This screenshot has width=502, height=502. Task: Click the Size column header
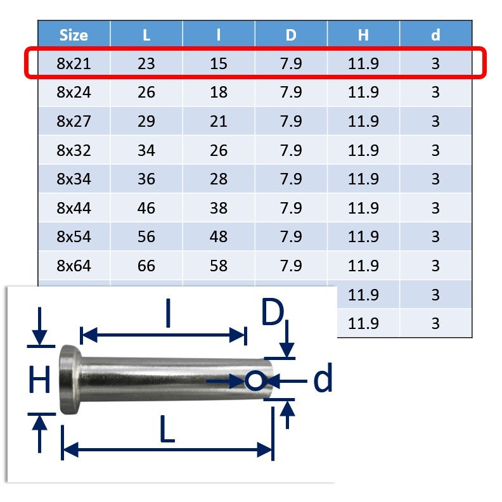(x=74, y=35)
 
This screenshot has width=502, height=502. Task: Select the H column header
(x=363, y=35)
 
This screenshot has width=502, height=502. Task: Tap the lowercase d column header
(x=435, y=35)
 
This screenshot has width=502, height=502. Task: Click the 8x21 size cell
(x=74, y=63)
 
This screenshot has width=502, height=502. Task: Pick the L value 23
(x=146, y=63)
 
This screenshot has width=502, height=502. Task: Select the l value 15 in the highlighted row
(x=219, y=63)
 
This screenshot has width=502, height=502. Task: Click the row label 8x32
(x=74, y=150)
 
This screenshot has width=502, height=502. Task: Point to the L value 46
(x=146, y=208)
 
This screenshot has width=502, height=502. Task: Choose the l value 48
(x=219, y=236)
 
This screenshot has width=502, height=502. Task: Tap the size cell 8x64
(x=74, y=266)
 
